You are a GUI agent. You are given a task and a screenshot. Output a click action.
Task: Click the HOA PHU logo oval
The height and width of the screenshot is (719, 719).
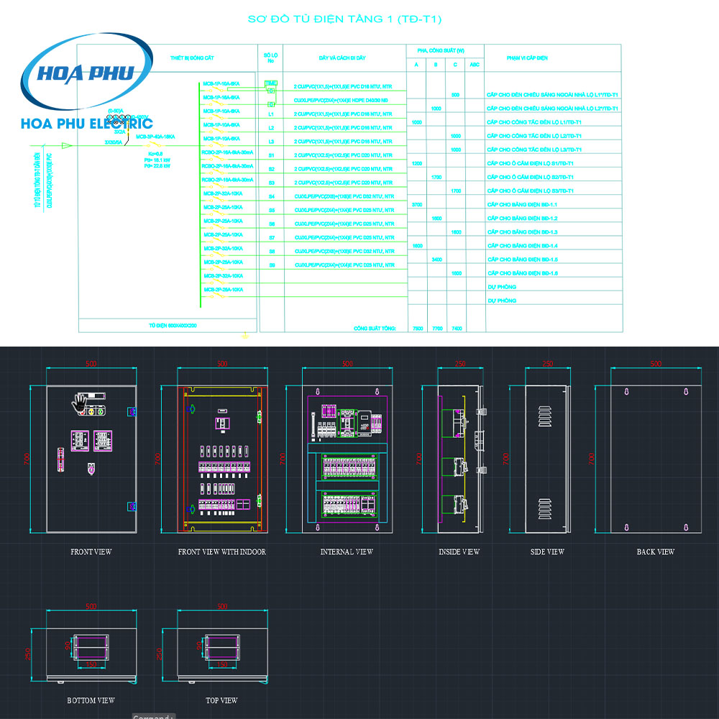tap(87, 72)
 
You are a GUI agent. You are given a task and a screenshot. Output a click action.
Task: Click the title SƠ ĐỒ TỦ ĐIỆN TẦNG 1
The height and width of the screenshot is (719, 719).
tap(344, 19)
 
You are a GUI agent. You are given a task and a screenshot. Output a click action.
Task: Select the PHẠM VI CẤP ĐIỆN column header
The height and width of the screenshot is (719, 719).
tap(527, 58)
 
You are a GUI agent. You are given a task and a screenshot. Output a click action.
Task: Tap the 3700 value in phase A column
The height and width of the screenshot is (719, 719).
tap(417, 205)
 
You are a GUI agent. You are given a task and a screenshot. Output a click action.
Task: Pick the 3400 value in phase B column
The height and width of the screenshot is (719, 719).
tap(436, 259)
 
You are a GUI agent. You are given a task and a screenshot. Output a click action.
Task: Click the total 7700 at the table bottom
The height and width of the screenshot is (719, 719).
tap(436, 328)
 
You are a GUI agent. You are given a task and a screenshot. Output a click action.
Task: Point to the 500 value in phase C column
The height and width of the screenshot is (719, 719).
tap(455, 95)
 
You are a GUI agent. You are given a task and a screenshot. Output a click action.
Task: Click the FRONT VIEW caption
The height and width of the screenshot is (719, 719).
tap(91, 552)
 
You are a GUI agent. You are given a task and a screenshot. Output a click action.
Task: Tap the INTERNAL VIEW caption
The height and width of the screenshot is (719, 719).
tap(347, 552)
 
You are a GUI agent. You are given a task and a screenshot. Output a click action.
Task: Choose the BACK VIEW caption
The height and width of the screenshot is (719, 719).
tap(656, 552)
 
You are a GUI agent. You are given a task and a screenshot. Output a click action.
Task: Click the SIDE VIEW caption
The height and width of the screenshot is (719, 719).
tap(547, 552)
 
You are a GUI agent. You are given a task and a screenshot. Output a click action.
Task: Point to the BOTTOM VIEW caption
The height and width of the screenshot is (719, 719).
tap(91, 700)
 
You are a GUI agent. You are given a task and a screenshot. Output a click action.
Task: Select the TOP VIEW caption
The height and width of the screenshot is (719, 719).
tap(221, 700)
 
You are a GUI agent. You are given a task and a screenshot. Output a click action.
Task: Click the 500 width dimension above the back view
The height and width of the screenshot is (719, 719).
tap(656, 364)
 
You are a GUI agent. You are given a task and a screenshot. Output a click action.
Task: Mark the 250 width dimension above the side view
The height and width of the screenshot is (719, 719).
tap(548, 364)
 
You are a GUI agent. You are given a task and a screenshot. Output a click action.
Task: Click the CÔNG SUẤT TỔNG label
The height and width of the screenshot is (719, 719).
tap(375, 328)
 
